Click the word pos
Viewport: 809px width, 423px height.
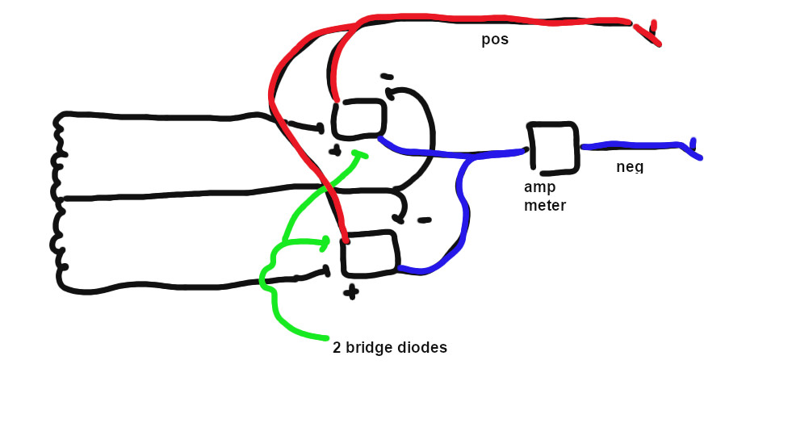point(495,40)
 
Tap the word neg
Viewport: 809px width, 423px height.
point(630,166)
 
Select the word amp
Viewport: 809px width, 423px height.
point(539,187)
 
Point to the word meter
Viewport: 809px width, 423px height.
point(545,206)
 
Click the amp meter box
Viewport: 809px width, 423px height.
point(553,148)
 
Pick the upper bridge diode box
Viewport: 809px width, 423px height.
point(360,119)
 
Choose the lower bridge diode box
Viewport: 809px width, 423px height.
point(370,253)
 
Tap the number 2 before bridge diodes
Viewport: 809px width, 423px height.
point(337,348)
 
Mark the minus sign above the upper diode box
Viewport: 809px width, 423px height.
point(387,77)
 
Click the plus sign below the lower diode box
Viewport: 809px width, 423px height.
point(350,292)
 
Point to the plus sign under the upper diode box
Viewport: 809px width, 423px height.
point(334,150)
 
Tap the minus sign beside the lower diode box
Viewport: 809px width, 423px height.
point(423,220)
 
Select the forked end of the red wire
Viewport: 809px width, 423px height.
point(651,33)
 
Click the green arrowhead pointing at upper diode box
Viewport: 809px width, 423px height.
point(360,155)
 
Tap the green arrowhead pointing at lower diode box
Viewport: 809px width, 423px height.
point(325,241)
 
